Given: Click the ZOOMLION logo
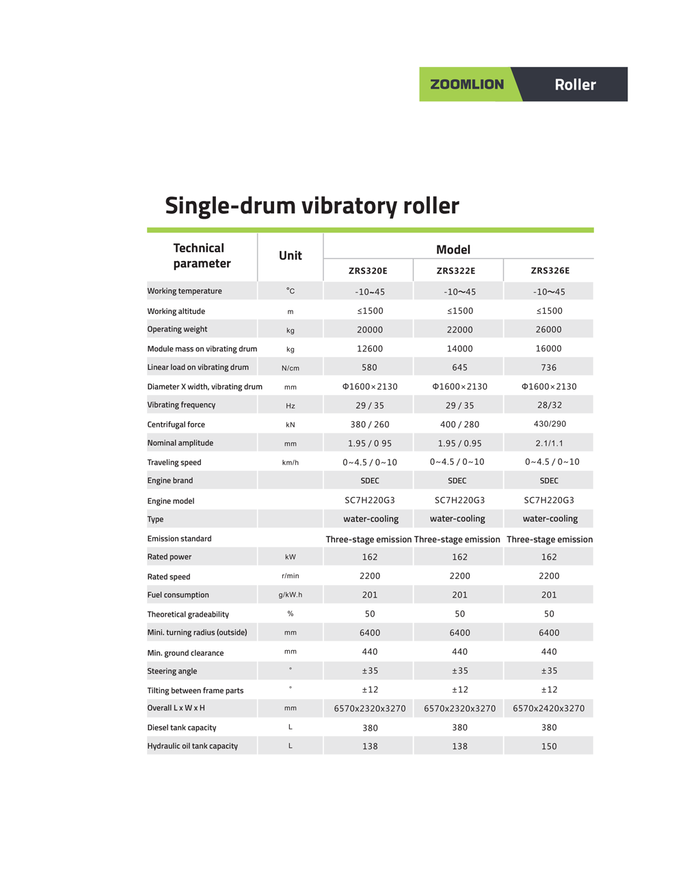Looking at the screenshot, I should (x=467, y=85).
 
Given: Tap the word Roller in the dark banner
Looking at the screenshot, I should (x=575, y=85).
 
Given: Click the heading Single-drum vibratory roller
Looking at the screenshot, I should (x=312, y=205).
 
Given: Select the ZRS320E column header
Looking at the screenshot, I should (x=368, y=271).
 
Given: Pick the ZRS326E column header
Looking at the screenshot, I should (x=550, y=271).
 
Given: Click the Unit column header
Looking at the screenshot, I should (x=290, y=256).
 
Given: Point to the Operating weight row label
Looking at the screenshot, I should (x=177, y=329).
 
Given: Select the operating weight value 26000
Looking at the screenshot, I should (x=548, y=330).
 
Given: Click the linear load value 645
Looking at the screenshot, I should (x=459, y=367).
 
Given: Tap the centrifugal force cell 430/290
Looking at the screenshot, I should (x=550, y=424).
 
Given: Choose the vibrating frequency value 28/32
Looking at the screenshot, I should (x=550, y=405).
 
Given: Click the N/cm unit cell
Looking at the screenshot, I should (x=290, y=368).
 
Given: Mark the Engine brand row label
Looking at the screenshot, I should (x=170, y=481).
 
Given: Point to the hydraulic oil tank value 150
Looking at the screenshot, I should (x=548, y=747).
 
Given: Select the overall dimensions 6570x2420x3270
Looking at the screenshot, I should (x=548, y=708).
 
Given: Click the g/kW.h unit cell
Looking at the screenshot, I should (x=290, y=595).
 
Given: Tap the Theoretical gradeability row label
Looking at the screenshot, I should (x=188, y=614).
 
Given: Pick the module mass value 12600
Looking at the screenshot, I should (x=370, y=349).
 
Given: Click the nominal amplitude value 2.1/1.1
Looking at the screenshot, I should (x=550, y=443).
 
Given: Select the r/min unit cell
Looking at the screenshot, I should (x=290, y=576).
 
